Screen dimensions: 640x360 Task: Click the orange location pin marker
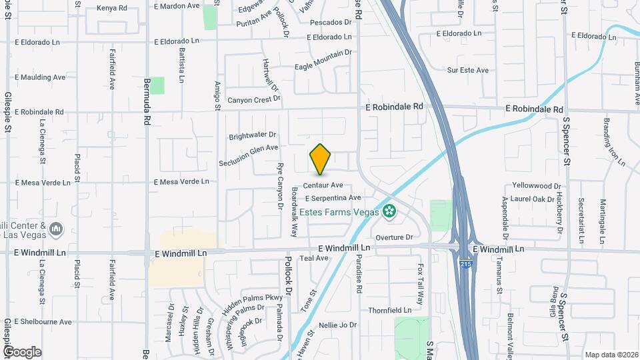(x=321, y=159)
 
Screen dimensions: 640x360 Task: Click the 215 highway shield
(x=463, y=265)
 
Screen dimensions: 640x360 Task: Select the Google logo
(x=22, y=351)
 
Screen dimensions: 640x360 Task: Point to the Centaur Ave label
(x=323, y=185)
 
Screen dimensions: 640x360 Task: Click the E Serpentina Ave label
(x=333, y=198)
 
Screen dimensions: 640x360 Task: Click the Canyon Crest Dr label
(x=253, y=100)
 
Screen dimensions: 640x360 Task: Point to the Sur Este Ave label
(x=468, y=70)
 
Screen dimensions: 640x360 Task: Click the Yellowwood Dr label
(x=539, y=185)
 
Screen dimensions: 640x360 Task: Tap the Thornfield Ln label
(x=389, y=311)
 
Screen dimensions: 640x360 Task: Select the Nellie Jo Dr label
(x=338, y=325)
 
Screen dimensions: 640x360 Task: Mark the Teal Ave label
(x=315, y=258)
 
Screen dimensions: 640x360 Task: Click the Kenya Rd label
(x=111, y=8)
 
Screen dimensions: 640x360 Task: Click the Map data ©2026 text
(x=611, y=355)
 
